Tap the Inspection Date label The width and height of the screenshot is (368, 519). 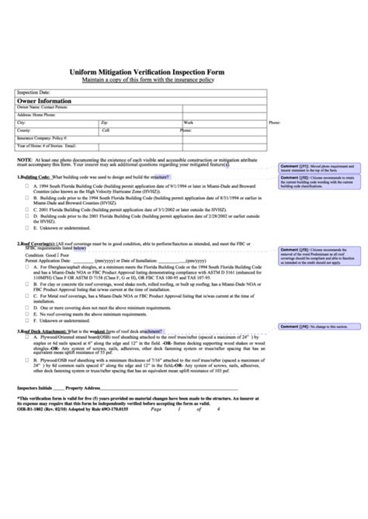33,92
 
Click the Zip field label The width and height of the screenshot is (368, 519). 105,123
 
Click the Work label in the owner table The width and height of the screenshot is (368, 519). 189,123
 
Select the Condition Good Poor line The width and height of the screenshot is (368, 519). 48,254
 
